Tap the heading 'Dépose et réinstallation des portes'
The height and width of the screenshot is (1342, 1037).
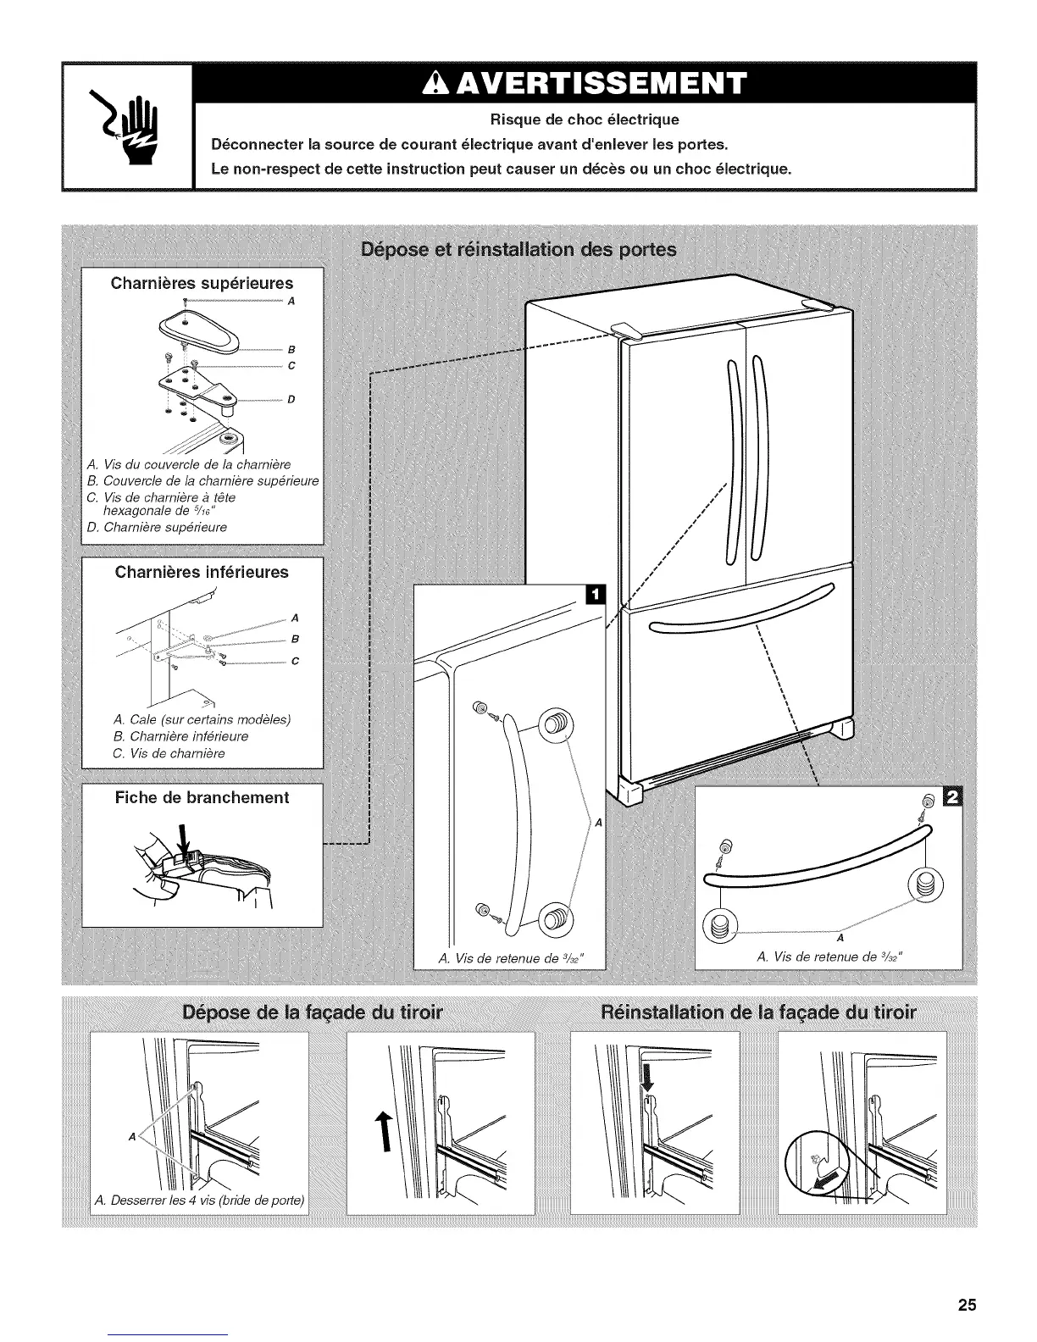pos(518,250)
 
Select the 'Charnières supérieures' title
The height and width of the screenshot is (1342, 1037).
pos(202,283)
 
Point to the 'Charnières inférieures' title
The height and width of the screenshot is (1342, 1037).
pos(202,572)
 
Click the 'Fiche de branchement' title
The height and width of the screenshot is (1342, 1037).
pos(202,797)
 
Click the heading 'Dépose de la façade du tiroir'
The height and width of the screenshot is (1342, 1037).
pos(313,1012)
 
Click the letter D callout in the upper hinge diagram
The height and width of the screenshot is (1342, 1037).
pos(290,399)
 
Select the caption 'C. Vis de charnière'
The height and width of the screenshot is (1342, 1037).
pos(169,753)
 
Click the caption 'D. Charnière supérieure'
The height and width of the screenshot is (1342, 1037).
pos(157,527)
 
